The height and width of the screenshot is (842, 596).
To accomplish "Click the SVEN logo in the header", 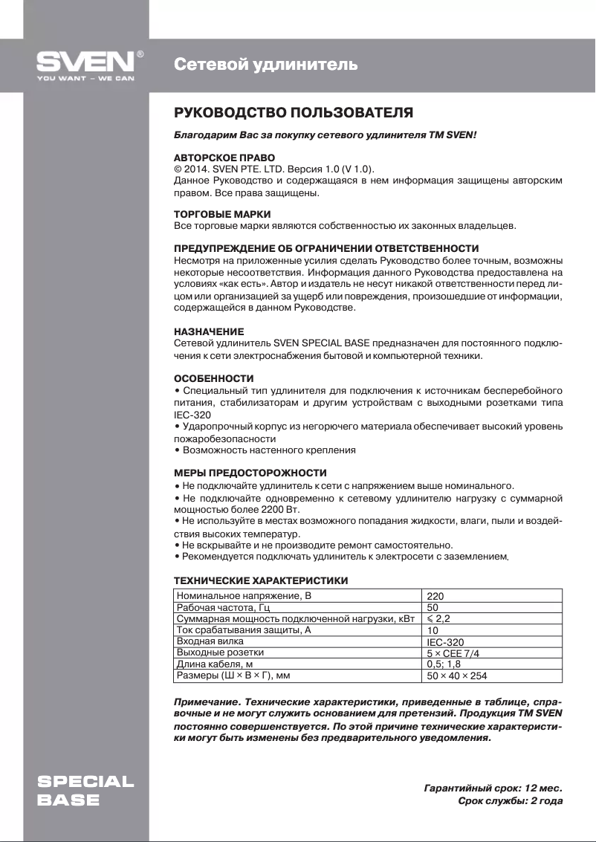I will click(x=86, y=61).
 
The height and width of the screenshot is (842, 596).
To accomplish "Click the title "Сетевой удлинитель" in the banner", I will click(x=265, y=65).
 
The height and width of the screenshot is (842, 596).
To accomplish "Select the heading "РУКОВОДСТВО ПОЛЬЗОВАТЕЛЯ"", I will click(x=293, y=114).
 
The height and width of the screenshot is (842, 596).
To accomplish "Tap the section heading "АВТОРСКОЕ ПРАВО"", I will click(x=224, y=158).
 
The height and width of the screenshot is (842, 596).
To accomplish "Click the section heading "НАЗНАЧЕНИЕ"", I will click(x=208, y=331).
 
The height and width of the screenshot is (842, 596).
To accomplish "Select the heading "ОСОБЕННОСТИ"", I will click(x=213, y=378).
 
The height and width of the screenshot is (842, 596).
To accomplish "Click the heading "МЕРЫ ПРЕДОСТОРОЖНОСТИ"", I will click(x=250, y=473).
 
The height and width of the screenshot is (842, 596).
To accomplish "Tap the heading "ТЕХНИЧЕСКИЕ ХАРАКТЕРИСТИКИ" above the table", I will click(x=261, y=580).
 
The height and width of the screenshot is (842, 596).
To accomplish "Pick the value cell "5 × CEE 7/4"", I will click(x=453, y=653).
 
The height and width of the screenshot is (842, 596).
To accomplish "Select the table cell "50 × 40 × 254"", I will click(x=457, y=676).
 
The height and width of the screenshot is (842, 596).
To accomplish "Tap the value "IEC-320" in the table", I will click(x=445, y=642).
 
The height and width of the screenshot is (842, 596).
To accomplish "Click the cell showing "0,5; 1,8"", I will click(x=444, y=664).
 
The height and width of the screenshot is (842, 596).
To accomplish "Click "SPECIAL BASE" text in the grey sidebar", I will click(x=85, y=791).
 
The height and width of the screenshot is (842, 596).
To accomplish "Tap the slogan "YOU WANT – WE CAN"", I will click(x=85, y=77).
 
